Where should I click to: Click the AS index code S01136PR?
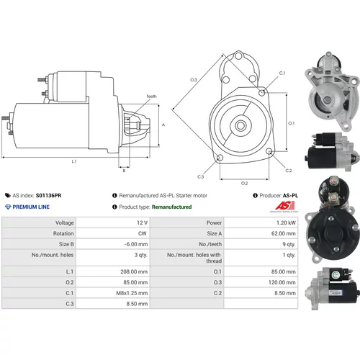(x=48, y=195)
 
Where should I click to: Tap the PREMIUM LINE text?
(x=31, y=207)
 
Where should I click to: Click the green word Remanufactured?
(x=171, y=207)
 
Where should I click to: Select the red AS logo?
(x=284, y=205)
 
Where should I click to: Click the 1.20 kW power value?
(x=286, y=222)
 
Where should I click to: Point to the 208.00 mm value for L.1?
(x=134, y=271)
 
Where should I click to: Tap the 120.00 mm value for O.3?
(x=282, y=282)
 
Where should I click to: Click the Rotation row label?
(x=63, y=233)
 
